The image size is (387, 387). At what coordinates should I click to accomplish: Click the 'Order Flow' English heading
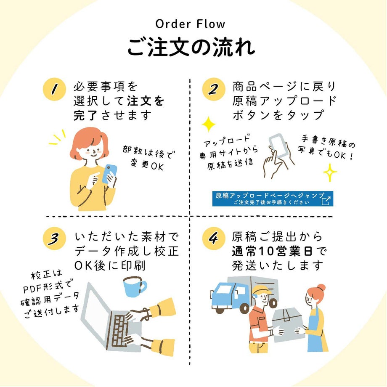coord(191,24)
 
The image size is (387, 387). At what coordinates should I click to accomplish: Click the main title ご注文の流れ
coord(191,48)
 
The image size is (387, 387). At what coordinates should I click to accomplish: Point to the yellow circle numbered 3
coord(54,239)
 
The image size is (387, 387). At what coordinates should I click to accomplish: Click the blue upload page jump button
coord(273,199)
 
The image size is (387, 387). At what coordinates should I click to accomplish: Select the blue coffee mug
coord(134,286)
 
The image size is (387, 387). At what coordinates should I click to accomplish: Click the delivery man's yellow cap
coord(260,290)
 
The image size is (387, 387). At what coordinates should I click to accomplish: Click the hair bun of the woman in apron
coord(321,288)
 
